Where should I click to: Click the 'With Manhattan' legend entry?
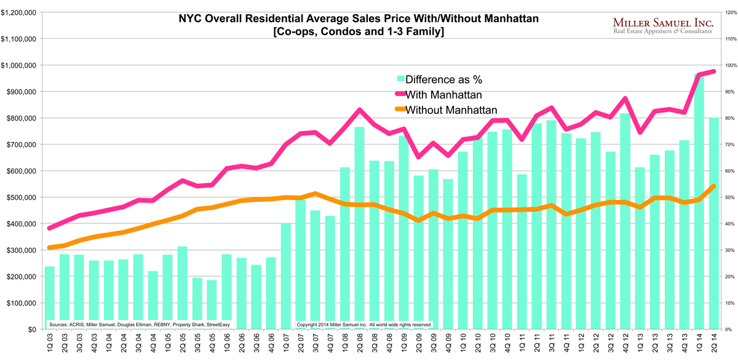coord(442,95)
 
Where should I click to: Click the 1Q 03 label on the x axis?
coord(50,343)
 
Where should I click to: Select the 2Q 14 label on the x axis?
coord(714,343)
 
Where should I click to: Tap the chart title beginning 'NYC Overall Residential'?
coord(359,19)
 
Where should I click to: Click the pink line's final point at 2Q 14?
coord(713,71)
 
